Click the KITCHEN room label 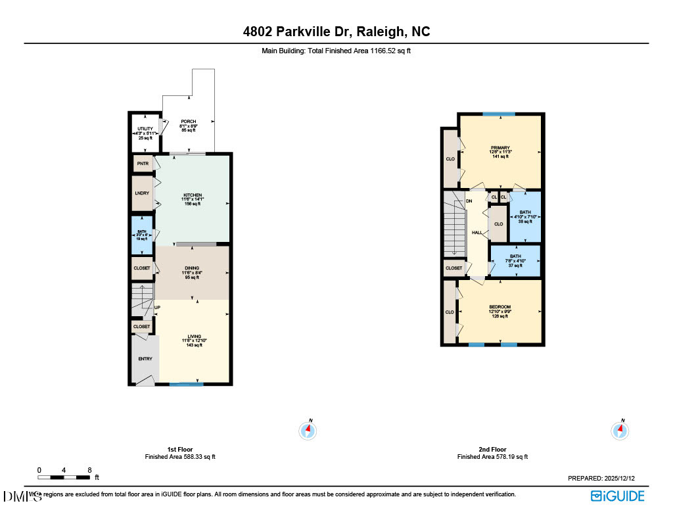192,195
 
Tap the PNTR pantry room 143,162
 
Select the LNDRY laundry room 143,193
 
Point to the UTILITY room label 145,129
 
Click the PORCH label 189,122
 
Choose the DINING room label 192,268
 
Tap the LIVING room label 194,336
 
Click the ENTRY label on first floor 145,359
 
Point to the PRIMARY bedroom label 500,148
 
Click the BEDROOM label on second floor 500,307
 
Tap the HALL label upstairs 476,233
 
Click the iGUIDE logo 617,496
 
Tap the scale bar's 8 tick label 89,470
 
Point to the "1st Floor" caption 180,450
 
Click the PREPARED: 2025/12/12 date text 605,479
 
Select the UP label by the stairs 157,307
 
